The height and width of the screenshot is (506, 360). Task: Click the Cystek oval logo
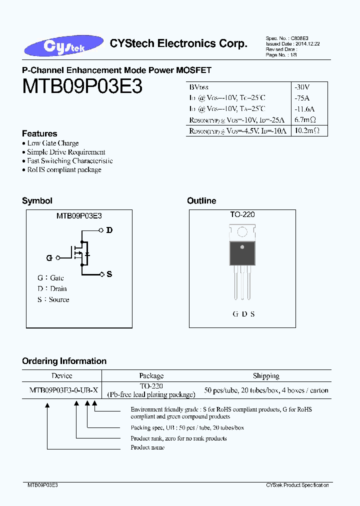click(x=63, y=45)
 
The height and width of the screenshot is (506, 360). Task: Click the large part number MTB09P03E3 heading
click(x=82, y=86)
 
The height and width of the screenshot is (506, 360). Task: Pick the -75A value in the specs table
click(x=302, y=98)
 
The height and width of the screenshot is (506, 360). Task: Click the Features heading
click(x=39, y=133)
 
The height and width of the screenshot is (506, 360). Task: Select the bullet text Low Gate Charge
click(x=53, y=143)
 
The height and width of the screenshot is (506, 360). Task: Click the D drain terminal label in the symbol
click(x=109, y=230)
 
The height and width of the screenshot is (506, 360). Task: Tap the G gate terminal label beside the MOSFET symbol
click(x=49, y=258)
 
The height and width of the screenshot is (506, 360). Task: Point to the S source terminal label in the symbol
click(x=109, y=274)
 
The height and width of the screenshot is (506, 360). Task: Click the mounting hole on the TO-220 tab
click(x=242, y=232)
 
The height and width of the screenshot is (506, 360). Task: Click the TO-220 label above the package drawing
click(x=242, y=214)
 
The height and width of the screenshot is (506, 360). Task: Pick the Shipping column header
click(x=266, y=376)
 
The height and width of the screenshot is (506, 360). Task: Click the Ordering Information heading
click(x=64, y=361)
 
